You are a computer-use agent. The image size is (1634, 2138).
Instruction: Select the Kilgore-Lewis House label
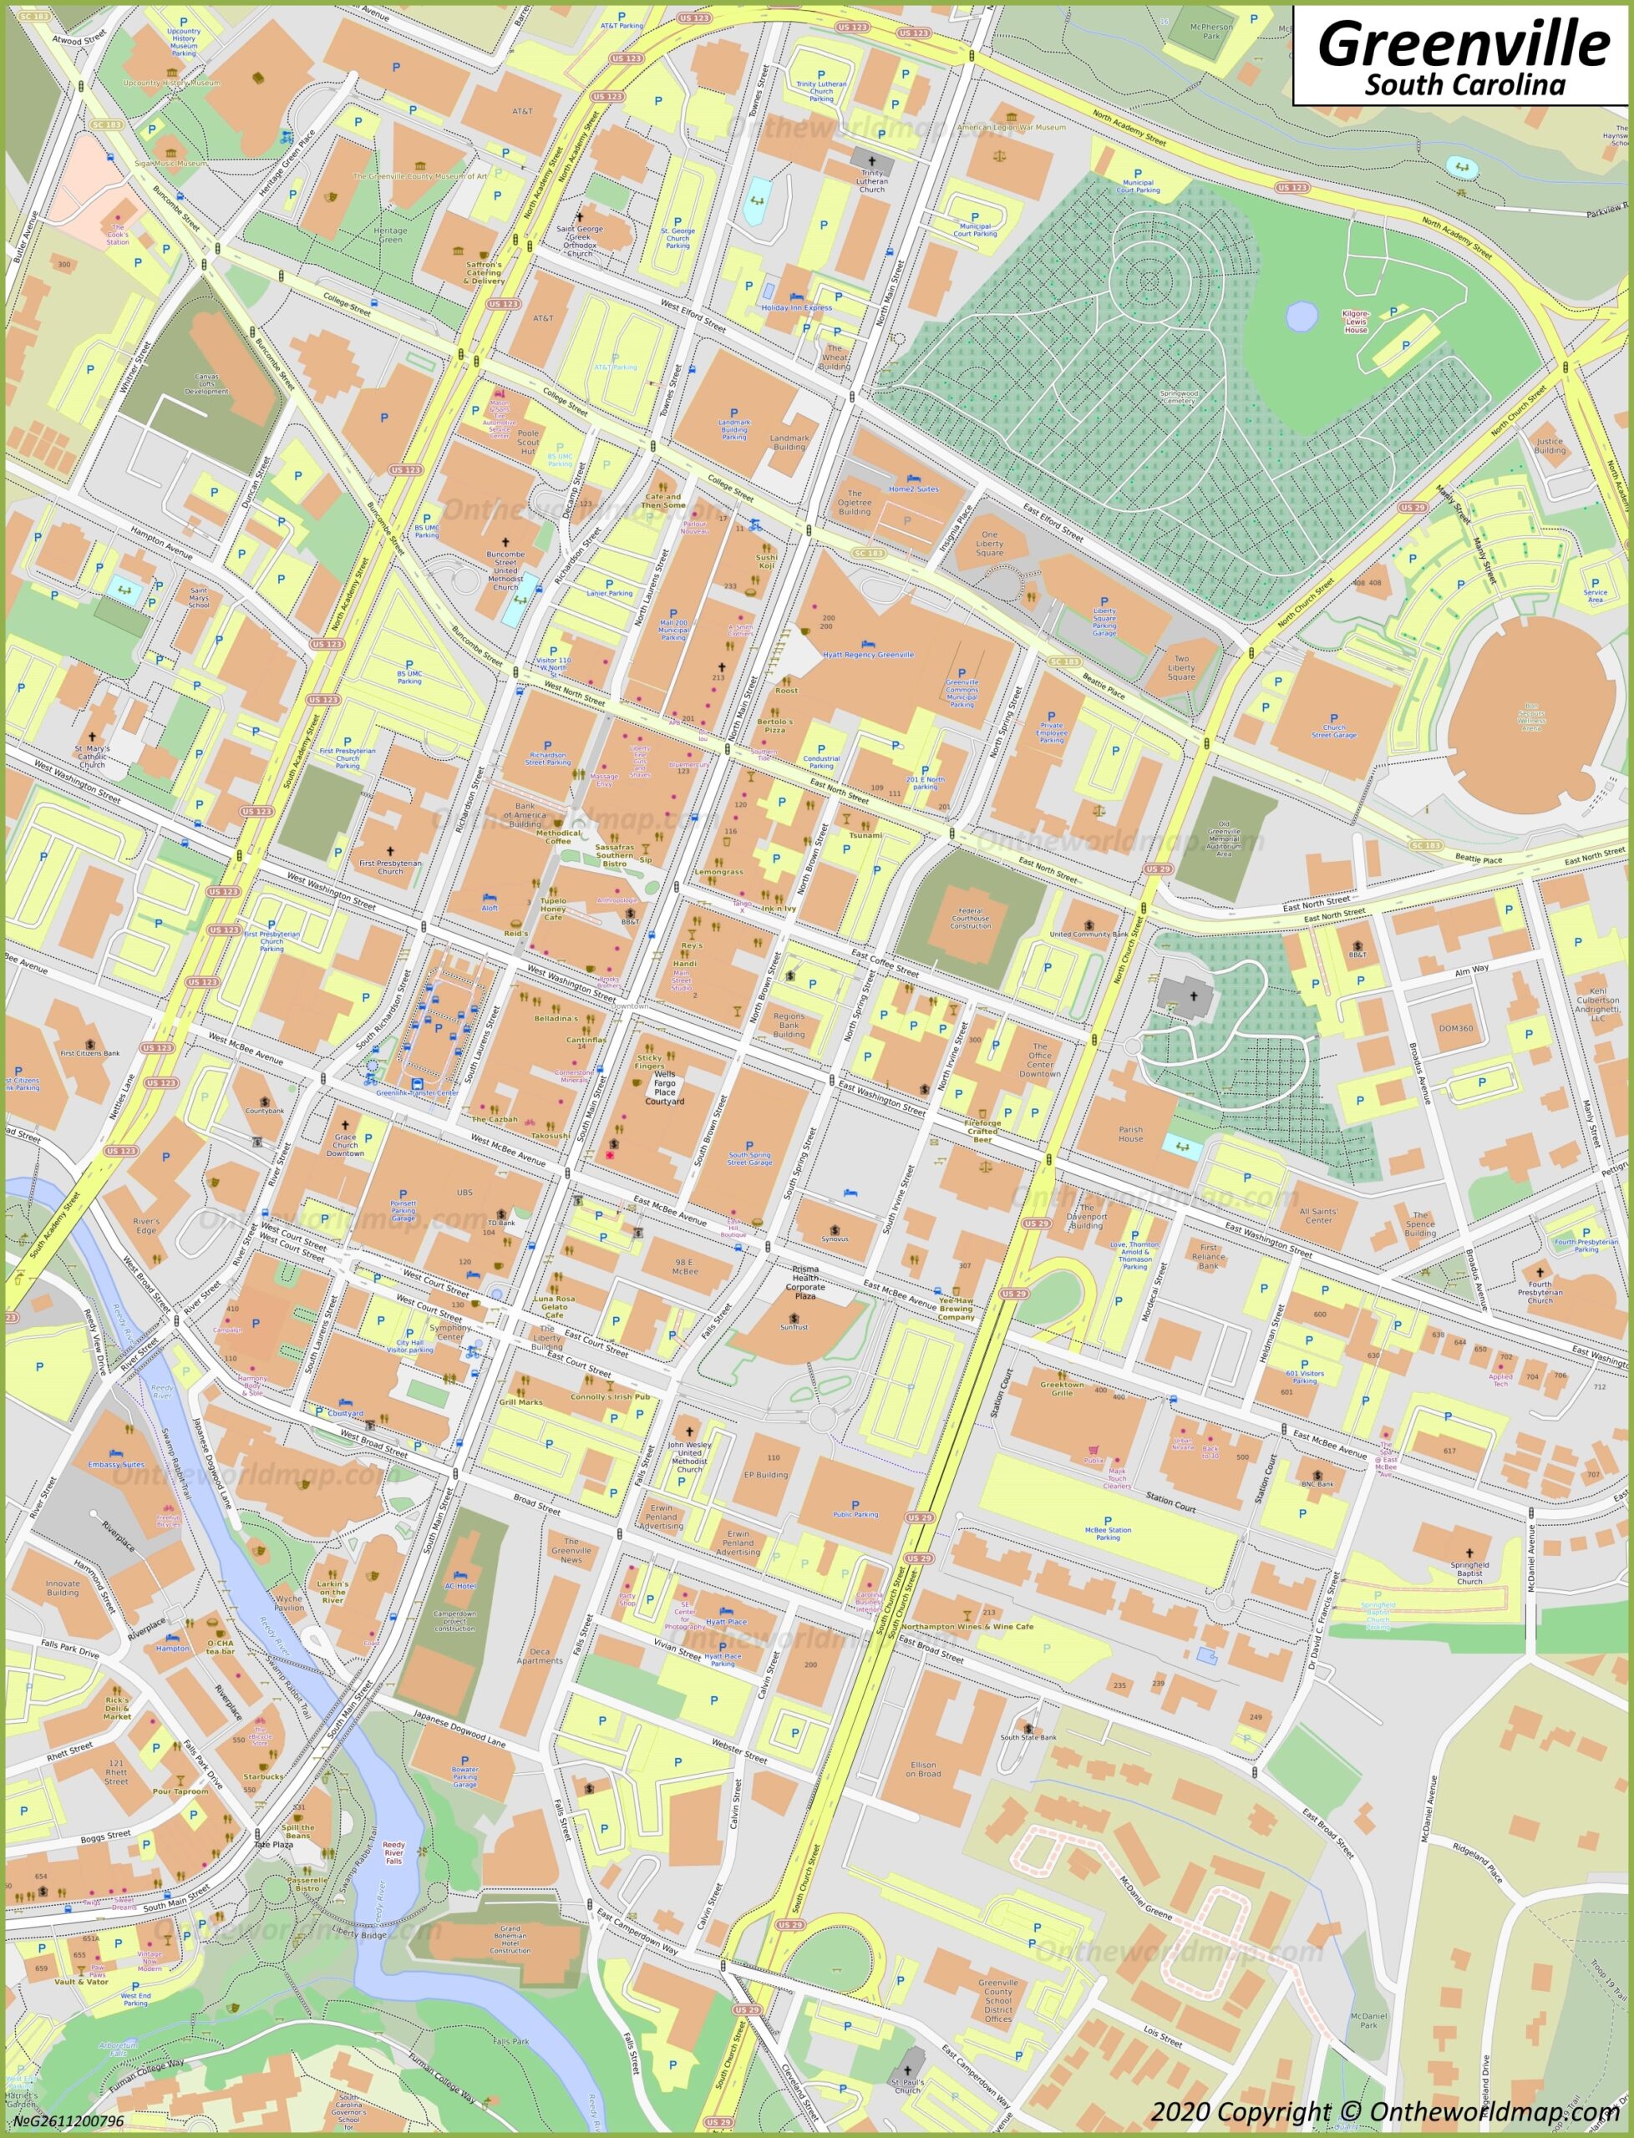(1356, 322)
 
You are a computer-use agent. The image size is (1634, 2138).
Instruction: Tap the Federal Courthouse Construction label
(970, 919)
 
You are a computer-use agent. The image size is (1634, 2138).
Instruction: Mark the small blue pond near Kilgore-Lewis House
(1301, 315)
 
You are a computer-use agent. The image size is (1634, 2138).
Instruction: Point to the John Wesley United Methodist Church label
(689, 1457)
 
